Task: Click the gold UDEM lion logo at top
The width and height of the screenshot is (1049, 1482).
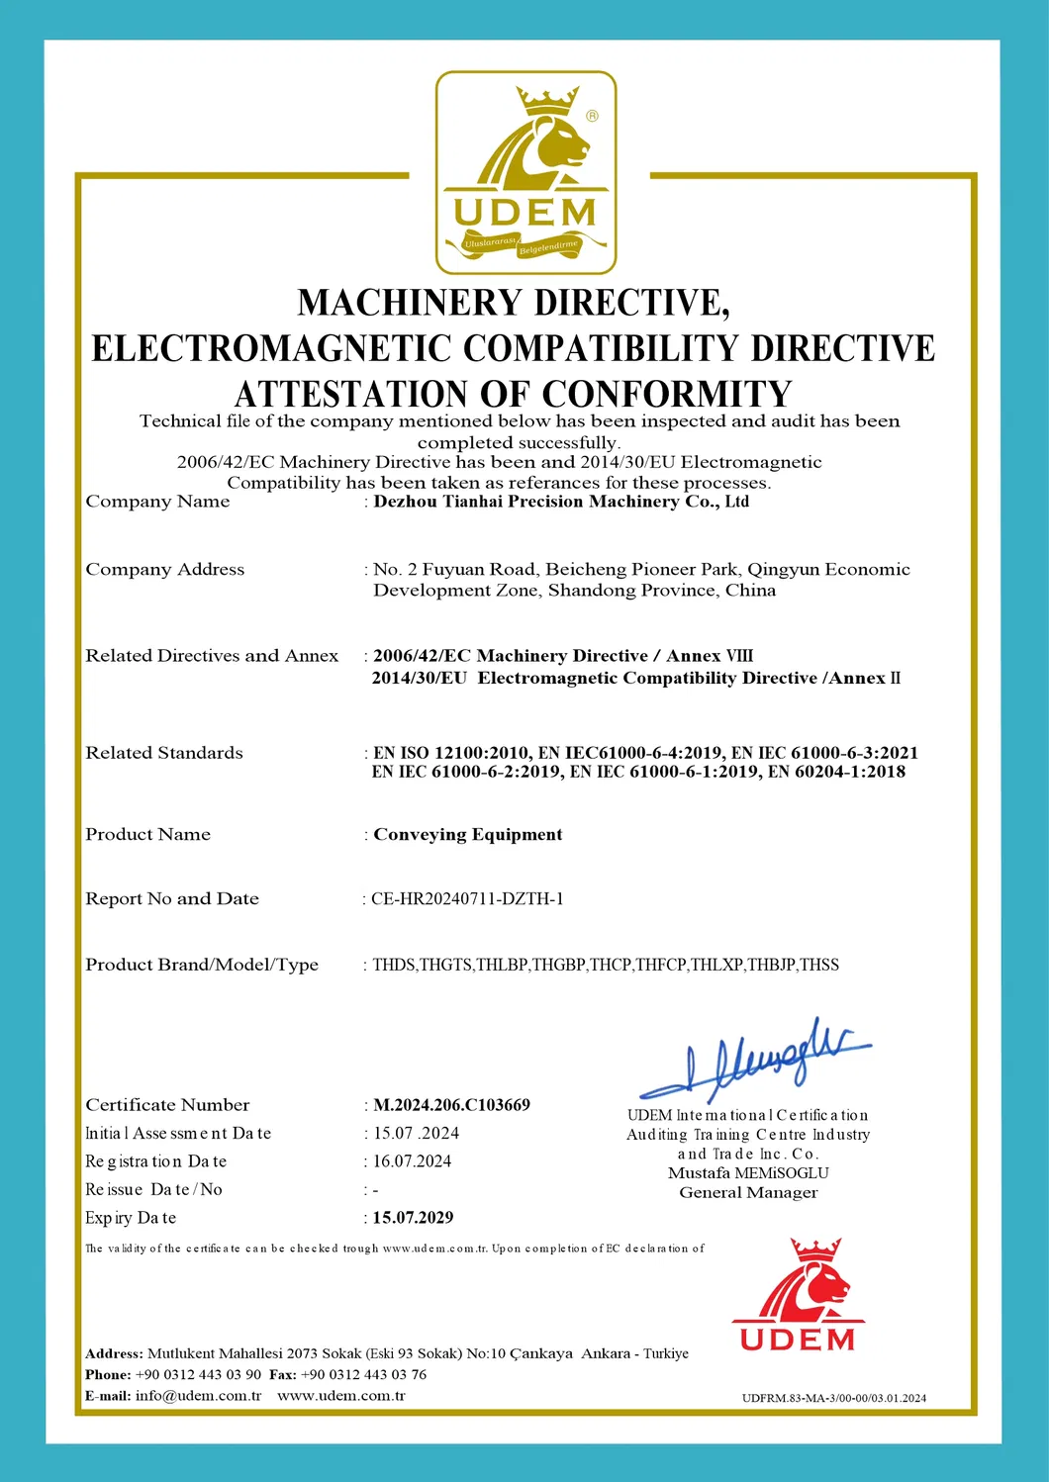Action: (x=525, y=172)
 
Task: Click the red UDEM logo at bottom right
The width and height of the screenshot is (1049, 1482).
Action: (x=798, y=1295)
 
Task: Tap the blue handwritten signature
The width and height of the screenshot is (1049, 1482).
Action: (x=754, y=1061)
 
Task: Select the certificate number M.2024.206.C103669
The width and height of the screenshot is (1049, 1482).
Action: (x=451, y=1105)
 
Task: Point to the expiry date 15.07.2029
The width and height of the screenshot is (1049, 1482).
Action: (x=413, y=1218)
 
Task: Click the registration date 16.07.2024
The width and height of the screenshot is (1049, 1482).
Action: (x=412, y=1161)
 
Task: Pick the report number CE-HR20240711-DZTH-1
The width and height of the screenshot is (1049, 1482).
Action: (x=467, y=899)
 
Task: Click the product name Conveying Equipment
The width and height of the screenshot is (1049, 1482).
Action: (x=467, y=835)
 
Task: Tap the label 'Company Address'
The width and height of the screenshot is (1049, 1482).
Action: (x=164, y=570)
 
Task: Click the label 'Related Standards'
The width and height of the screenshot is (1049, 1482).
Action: (x=163, y=753)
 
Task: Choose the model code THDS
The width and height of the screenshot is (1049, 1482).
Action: (x=394, y=966)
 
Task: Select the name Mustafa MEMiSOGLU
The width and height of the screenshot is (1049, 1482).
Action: (x=748, y=1173)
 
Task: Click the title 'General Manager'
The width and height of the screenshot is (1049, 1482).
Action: (x=748, y=1193)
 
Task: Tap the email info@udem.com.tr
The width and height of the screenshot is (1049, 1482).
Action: (x=198, y=1396)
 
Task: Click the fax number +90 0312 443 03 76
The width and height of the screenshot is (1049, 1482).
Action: (x=363, y=1375)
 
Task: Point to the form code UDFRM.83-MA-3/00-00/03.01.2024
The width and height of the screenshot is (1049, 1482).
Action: (x=834, y=1398)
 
